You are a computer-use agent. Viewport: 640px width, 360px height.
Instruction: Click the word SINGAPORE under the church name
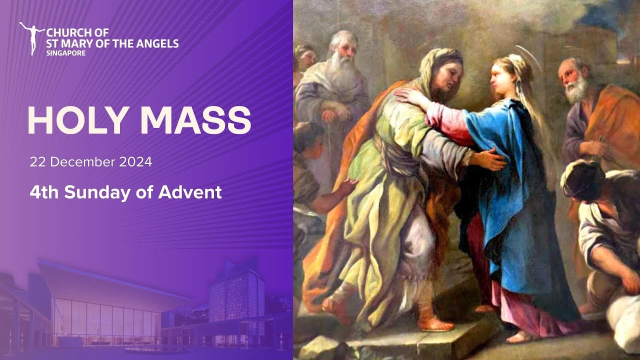(65, 52)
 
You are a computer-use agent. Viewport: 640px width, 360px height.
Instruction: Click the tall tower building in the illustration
(236, 295)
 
